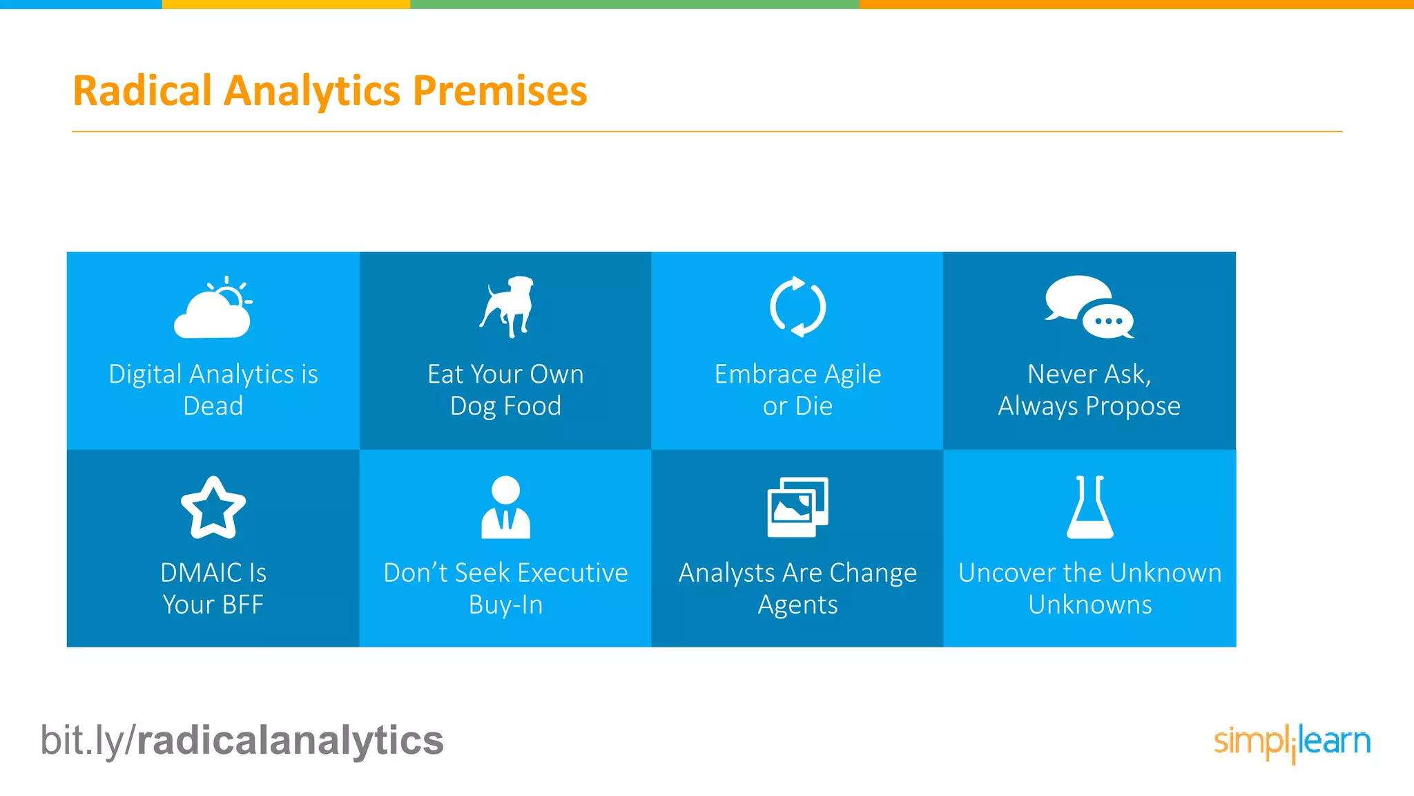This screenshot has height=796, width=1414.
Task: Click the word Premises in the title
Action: click(500, 91)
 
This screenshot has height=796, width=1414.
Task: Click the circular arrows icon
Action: click(797, 307)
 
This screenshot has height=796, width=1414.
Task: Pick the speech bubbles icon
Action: click(1089, 307)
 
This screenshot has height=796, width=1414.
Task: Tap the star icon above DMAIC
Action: click(213, 508)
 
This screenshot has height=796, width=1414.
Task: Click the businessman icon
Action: click(505, 507)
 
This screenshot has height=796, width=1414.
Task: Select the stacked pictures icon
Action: click(797, 507)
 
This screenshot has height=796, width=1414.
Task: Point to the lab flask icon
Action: click(1089, 508)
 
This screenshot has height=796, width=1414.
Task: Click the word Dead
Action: click(213, 406)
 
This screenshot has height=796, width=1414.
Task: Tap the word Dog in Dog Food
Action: click(472, 406)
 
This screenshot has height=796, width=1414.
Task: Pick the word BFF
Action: click(242, 605)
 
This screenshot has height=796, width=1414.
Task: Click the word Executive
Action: click(572, 573)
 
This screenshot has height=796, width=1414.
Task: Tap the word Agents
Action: click(797, 605)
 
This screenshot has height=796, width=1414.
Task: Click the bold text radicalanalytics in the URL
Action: click(290, 741)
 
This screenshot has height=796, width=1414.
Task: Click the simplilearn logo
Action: click(1292, 742)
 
